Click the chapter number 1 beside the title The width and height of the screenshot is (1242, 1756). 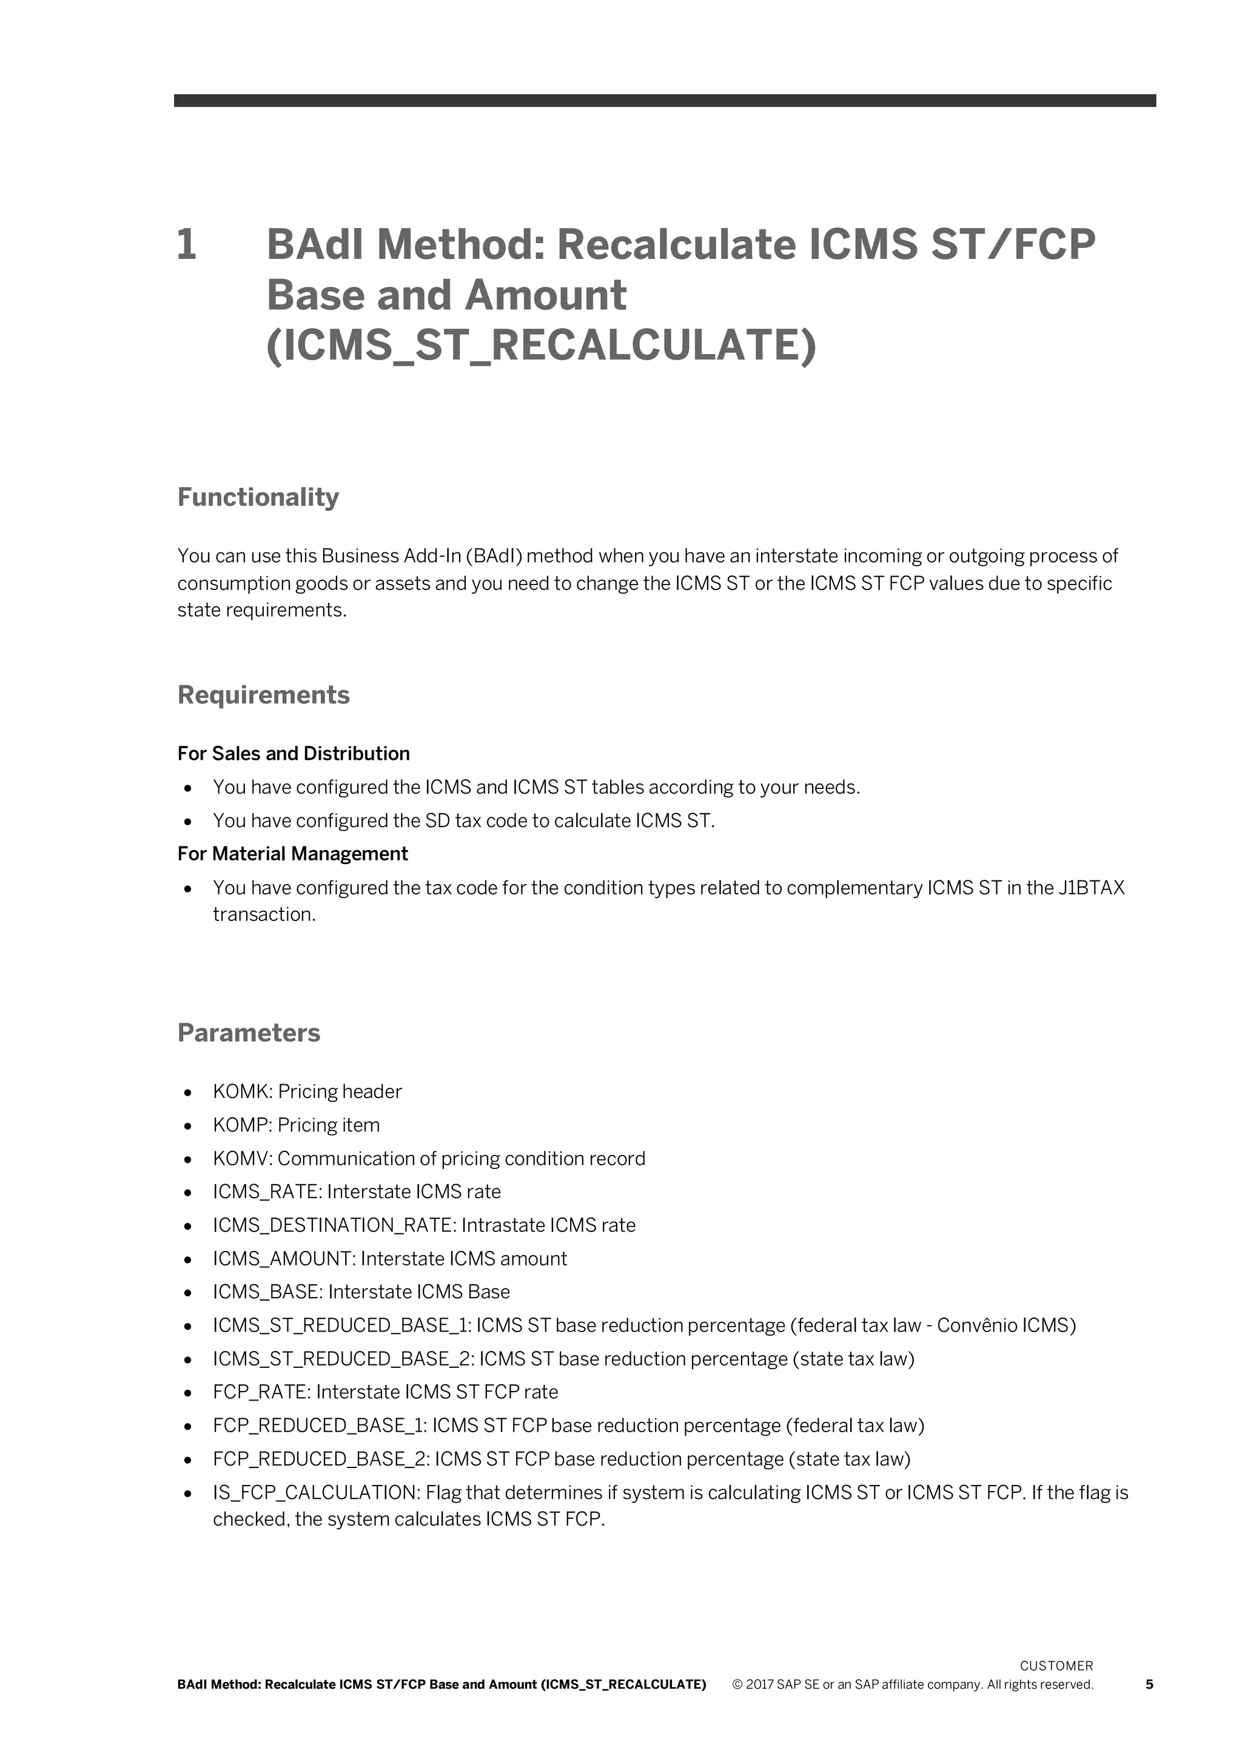187,245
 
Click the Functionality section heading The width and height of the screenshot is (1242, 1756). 258,497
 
